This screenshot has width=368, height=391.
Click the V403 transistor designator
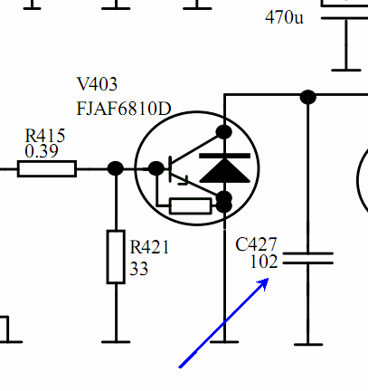click(97, 84)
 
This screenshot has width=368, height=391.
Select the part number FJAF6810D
click(124, 109)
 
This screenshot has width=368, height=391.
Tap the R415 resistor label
click(45, 136)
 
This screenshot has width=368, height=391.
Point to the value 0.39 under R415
click(42, 151)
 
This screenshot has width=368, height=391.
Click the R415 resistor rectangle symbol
click(47, 169)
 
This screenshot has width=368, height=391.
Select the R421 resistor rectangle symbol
click(116, 257)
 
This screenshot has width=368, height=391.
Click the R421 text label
click(149, 247)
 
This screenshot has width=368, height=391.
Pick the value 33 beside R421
click(139, 268)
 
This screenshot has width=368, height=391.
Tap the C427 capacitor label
click(256, 244)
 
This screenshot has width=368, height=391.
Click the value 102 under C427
click(264, 262)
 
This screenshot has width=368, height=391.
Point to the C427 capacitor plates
click(308, 258)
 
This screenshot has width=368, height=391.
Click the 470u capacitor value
click(284, 17)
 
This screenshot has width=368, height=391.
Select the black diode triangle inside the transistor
click(224, 171)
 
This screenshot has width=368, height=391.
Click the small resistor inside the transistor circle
click(191, 206)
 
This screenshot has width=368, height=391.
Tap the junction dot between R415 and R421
click(116, 168)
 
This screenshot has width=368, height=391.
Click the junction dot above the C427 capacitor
click(308, 97)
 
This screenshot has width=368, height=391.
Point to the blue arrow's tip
click(268, 279)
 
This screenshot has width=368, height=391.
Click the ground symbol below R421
click(116, 342)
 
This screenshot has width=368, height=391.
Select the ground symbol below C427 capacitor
click(308, 344)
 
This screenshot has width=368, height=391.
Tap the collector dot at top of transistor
click(224, 132)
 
